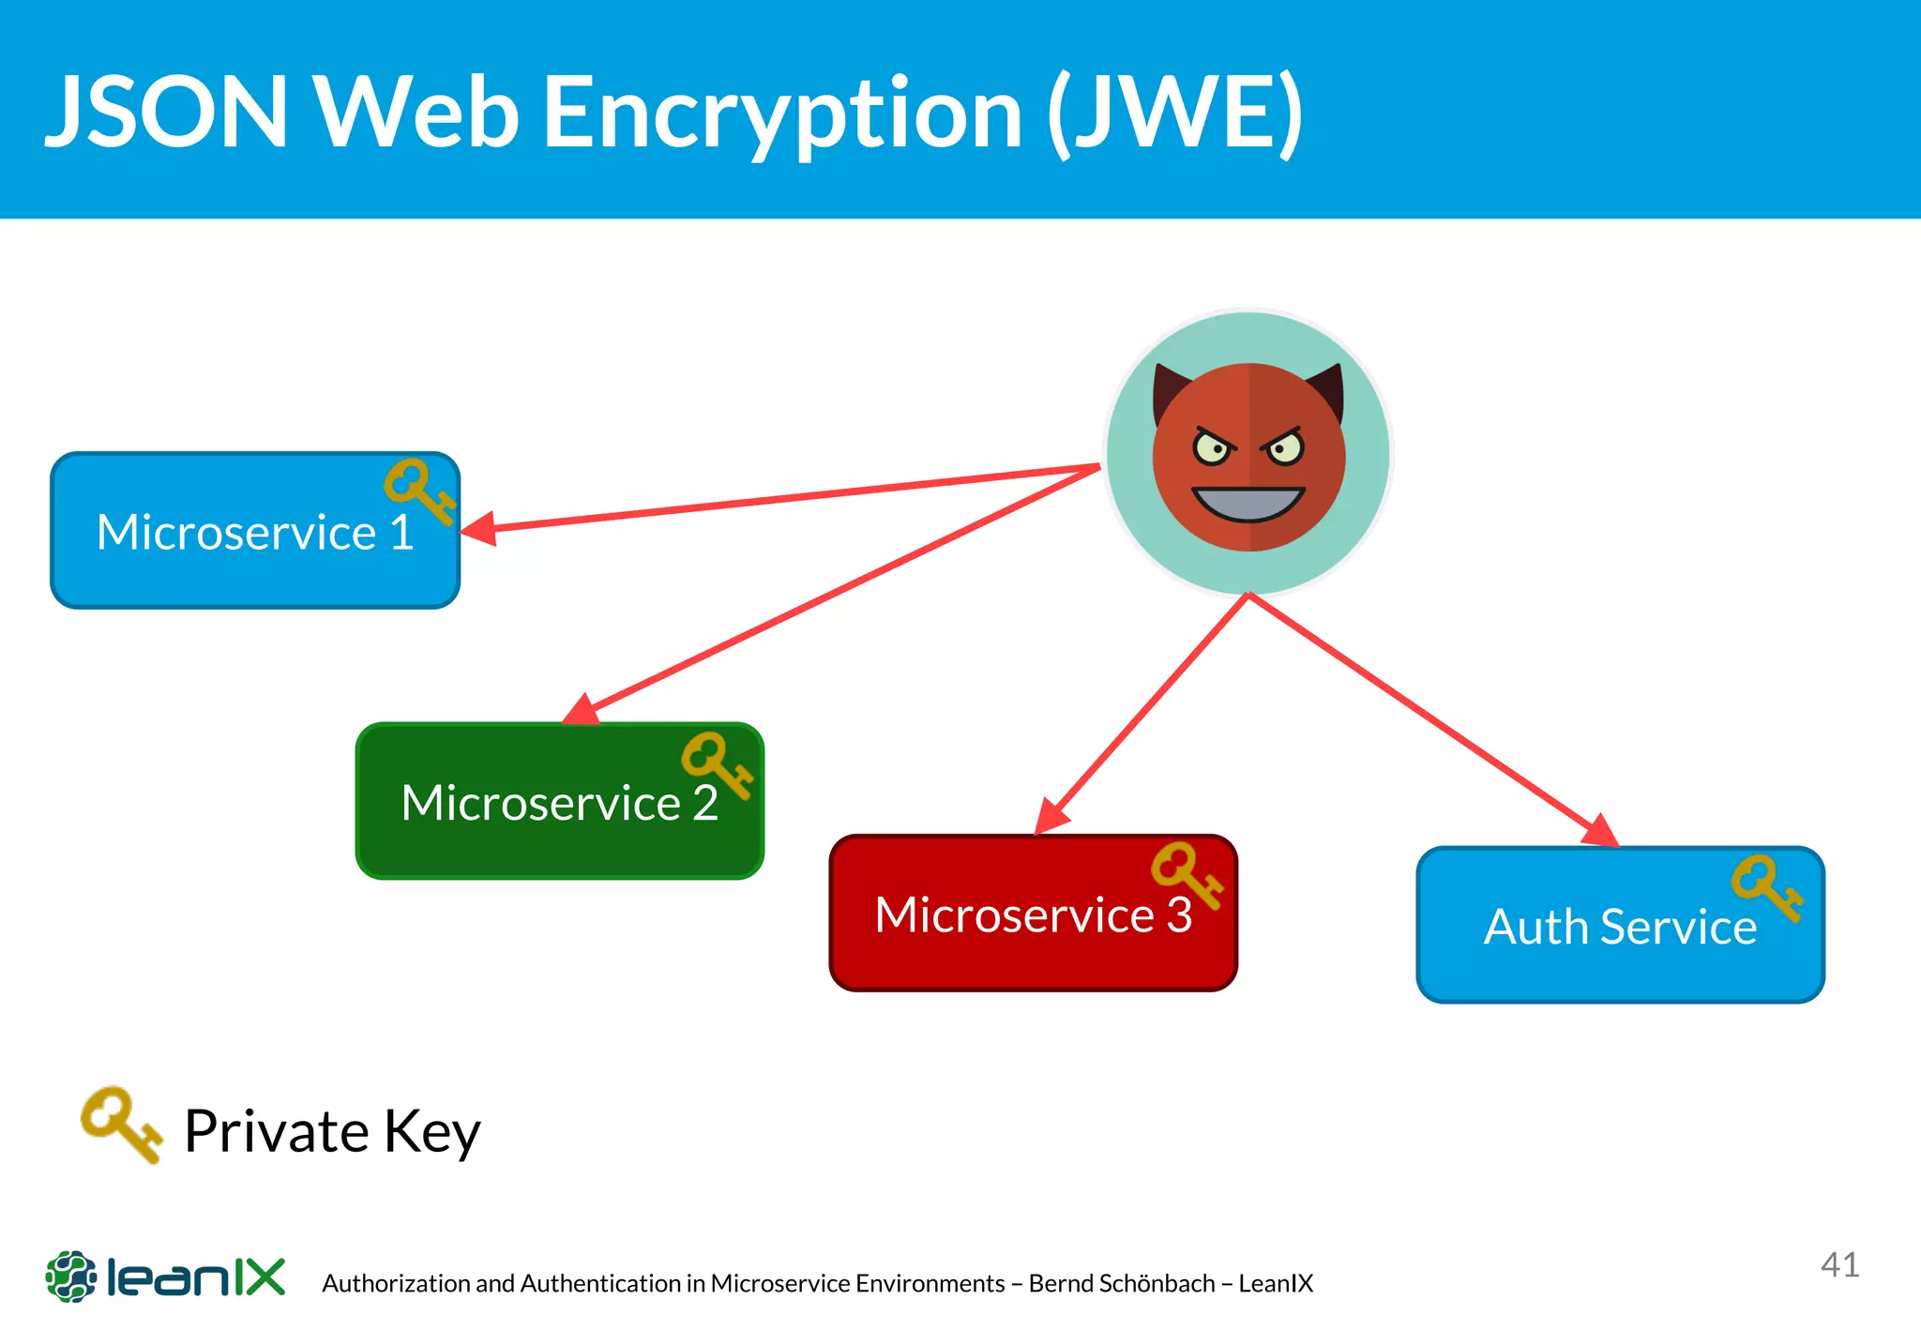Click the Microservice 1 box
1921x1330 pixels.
[254, 532]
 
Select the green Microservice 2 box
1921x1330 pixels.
[559, 802]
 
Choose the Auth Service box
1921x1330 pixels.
[1620, 927]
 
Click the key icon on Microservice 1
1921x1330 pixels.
[418, 490]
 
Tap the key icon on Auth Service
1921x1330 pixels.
[1766, 886]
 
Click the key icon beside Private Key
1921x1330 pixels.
[120, 1123]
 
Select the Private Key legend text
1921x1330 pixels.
[332, 1131]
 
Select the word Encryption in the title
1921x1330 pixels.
[782, 113]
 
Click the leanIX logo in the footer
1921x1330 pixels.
[165, 1277]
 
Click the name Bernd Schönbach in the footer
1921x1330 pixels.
[1122, 1283]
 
